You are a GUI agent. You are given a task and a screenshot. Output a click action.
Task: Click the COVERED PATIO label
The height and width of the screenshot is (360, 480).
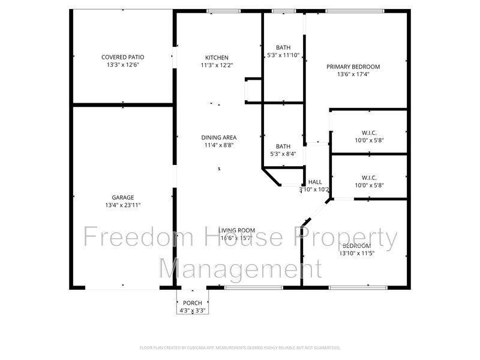click(x=122, y=58)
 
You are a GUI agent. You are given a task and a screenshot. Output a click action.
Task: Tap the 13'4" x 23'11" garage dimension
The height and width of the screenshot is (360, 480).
click(x=122, y=205)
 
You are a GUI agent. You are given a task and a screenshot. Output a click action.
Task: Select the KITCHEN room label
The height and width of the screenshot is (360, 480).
click(x=216, y=58)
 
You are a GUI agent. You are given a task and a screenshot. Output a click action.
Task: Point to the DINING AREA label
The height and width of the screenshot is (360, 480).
click(x=218, y=137)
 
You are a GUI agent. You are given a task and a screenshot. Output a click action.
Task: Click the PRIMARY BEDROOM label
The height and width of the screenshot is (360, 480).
click(x=353, y=67)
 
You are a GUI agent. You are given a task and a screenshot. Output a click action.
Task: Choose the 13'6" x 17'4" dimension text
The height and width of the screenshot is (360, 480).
click(x=353, y=75)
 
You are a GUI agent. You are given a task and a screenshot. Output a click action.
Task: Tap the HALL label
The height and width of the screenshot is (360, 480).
click(x=315, y=182)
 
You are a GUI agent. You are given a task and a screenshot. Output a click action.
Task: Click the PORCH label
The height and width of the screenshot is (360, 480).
click(x=193, y=303)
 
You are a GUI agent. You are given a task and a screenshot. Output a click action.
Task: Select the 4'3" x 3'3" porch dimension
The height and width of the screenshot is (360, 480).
click(x=193, y=311)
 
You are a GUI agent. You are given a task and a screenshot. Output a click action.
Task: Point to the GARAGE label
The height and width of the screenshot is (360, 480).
click(x=122, y=197)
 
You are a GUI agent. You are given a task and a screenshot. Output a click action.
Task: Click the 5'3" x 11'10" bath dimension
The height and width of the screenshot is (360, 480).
click(x=283, y=56)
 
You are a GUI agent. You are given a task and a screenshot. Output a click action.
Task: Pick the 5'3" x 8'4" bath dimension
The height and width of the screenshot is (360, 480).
click(x=283, y=154)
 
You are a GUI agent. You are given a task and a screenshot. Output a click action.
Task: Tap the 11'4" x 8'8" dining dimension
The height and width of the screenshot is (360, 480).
click(x=218, y=145)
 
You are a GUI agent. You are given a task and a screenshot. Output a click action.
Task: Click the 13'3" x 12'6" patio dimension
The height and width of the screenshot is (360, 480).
click(x=122, y=65)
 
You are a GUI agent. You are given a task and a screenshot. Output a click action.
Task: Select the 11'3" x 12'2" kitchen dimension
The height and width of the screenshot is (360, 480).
click(x=216, y=65)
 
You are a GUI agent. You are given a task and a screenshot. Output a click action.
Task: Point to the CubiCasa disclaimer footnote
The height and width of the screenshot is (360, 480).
click(x=240, y=347)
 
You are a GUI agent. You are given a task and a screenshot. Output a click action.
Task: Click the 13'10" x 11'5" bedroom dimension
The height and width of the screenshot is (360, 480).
click(x=356, y=254)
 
